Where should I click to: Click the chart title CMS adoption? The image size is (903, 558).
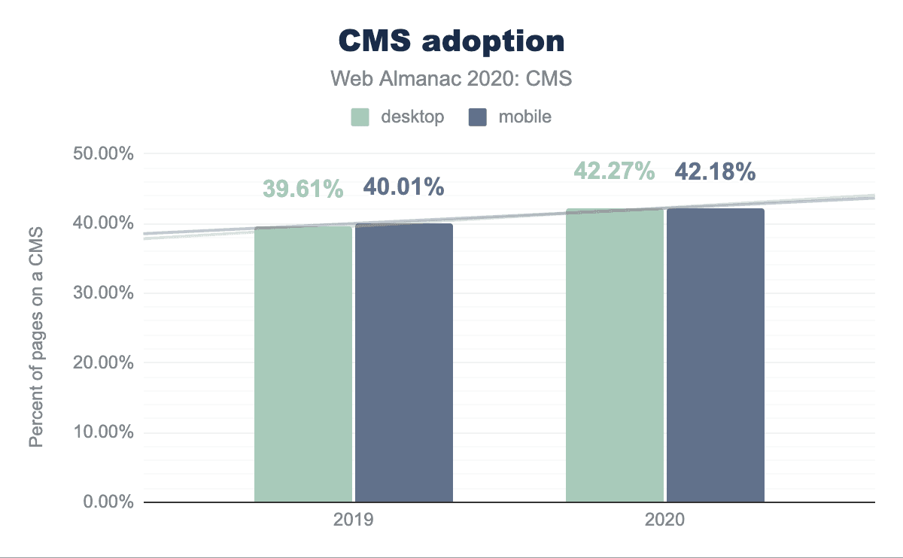[451, 41]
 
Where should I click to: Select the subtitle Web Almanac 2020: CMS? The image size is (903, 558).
[451, 79]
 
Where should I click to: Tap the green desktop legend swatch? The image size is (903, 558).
[360, 117]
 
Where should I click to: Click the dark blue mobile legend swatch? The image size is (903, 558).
[477, 117]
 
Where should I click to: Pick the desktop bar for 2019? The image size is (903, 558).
[303, 364]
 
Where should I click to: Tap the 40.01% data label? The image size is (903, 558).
[403, 187]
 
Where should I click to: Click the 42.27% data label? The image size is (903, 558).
[614, 171]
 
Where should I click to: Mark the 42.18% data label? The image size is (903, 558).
[715, 171]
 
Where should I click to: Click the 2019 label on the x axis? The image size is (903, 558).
[354, 520]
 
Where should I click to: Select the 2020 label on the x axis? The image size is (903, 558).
[665, 520]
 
